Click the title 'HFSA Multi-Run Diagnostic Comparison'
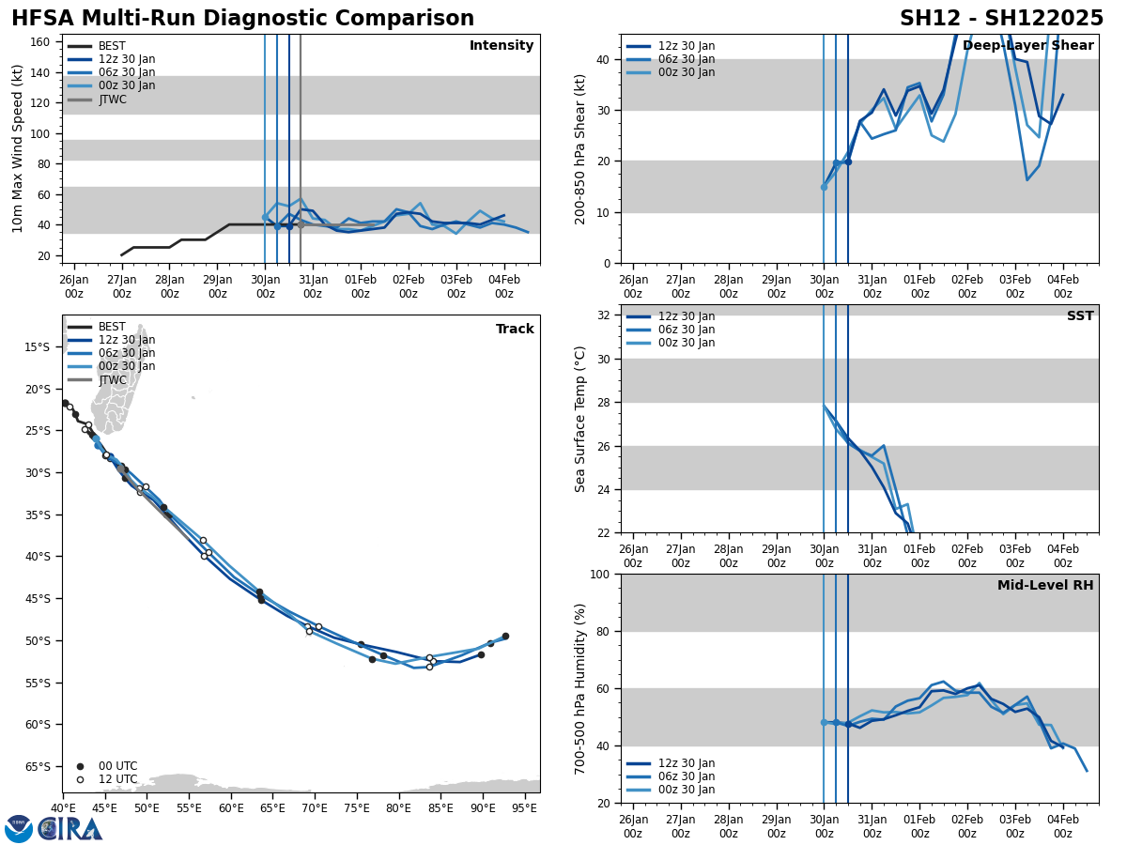click(x=242, y=19)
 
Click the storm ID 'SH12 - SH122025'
click(x=1001, y=19)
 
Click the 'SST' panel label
click(x=1079, y=316)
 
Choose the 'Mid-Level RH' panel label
click(x=1044, y=586)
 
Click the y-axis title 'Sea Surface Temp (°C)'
click(x=581, y=419)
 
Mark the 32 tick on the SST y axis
click(x=605, y=315)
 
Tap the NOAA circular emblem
click(x=19, y=829)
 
